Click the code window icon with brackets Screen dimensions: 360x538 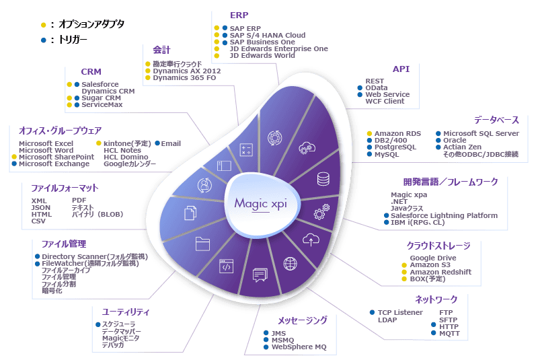(225, 266)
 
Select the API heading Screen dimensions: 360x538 (401, 69)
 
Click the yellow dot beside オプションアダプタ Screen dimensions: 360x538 (43, 25)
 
